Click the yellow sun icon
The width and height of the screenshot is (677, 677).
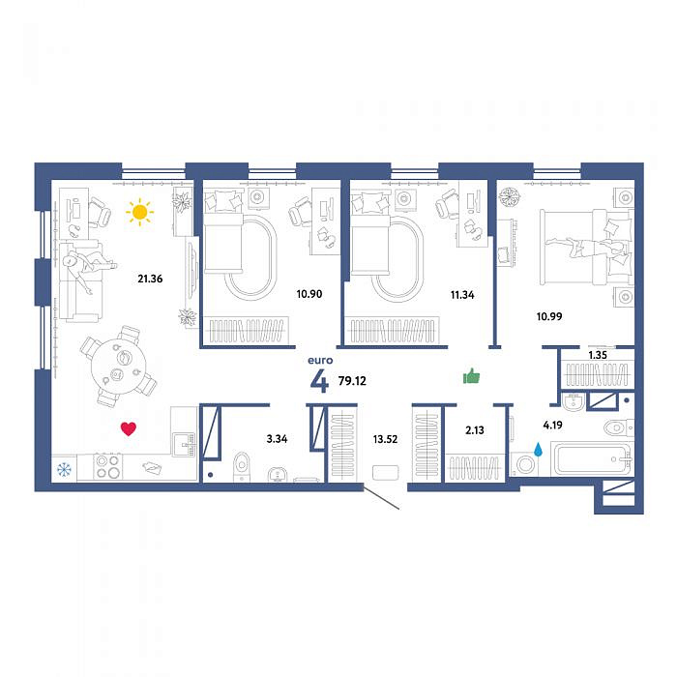[x=139, y=212]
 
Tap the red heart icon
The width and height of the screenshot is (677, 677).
[x=129, y=428]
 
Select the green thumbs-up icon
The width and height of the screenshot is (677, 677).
[x=471, y=376]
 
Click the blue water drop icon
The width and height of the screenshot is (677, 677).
[x=538, y=449]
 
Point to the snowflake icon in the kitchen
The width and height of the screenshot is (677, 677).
[x=64, y=469]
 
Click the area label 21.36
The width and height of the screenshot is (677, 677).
[x=150, y=279]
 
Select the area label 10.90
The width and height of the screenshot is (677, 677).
[x=309, y=294]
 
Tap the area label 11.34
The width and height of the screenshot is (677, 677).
[x=462, y=295]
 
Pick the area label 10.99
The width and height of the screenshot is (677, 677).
[x=549, y=316]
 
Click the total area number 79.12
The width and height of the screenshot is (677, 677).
[x=352, y=381]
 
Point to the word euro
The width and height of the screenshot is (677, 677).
[x=320, y=360]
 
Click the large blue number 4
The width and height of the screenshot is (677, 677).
[x=319, y=381]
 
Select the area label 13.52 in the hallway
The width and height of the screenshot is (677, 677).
[x=385, y=439]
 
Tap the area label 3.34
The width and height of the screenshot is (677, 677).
[x=277, y=439]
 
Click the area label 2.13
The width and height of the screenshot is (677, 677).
[x=475, y=430]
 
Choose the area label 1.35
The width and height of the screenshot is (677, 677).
[x=598, y=355]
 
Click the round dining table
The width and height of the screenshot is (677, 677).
[x=118, y=366]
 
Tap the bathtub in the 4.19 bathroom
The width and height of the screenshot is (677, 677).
[x=592, y=458]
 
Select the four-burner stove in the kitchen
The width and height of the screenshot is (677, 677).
[x=108, y=467]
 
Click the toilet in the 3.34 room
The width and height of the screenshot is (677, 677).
[x=241, y=466]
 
